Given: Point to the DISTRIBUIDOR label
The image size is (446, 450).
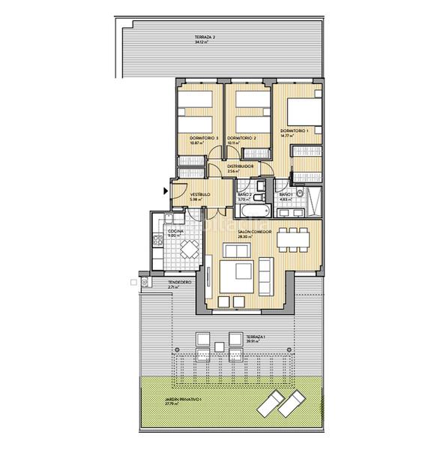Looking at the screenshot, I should click(x=240, y=166).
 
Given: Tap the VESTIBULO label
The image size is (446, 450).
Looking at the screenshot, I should click(x=199, y=194).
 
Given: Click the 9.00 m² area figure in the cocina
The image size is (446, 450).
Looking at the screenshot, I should click(x=174, y=235).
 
